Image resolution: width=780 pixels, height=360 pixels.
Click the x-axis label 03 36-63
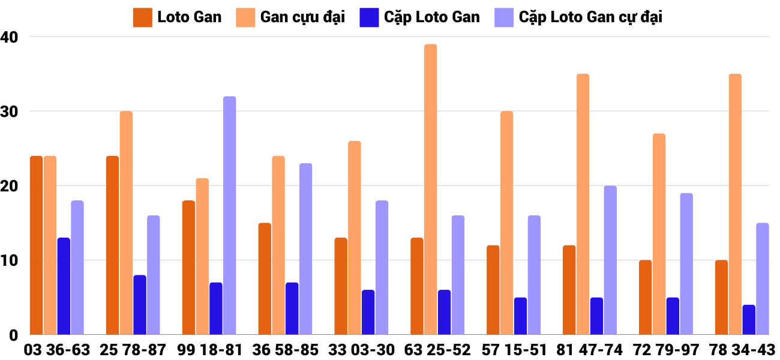click(x=57, y=350)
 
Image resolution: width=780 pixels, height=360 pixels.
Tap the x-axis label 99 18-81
click(x=209, y=350)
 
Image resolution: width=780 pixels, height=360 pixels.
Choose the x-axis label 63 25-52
click(x=437, y=350)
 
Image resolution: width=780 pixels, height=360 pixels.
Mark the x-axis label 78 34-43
click(x=742, y=350)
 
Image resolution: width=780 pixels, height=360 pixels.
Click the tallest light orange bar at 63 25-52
click(x=430, y=190)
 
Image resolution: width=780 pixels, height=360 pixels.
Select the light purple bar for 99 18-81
click(x=229, y=215)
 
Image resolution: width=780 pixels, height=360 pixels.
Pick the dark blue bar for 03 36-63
click(x=64, y=286)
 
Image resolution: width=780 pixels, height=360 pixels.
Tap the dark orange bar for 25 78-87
click(x=112, y=245)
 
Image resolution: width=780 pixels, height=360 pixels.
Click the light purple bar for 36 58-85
click(x=305, y=249)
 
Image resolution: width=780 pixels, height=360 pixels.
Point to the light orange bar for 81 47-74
click(x=583, y=205)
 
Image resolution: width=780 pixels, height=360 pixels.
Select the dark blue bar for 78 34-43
click(x=748, y=320)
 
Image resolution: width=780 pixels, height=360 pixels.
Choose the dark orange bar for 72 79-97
click(x=645, y=298)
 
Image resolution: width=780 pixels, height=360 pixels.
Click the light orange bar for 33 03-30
click(x=354, y=238)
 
